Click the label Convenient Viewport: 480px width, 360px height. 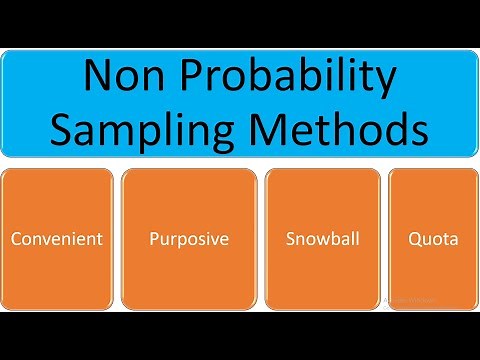[x=56, y=240]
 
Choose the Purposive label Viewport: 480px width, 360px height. [x=188, y=240]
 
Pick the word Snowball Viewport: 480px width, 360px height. [x=322, y=240]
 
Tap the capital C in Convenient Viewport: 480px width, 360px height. [x=16, y=240]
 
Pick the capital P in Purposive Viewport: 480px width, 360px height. [x=154, y=240]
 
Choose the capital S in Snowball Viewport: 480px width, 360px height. [x=290, y=240]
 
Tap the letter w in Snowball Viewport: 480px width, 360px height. [x=322, y=241]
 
